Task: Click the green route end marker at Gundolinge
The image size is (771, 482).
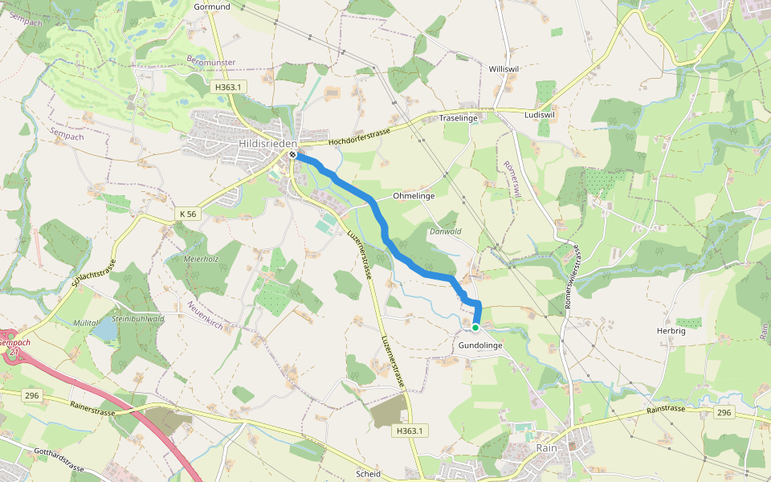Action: tap(475, 328)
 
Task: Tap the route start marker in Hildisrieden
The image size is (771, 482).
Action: tap(293, 156)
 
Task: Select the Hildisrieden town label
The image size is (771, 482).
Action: tap(263, 143)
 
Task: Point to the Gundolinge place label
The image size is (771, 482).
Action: tap(480, 345)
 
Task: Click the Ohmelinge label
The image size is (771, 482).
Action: tap(414, 196)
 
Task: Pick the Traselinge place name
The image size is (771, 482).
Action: tap(459, 118)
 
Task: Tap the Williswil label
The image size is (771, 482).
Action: tap(504, 70)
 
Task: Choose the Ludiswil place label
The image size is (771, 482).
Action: tap(539, 115)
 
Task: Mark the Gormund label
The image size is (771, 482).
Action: tap(212, 7)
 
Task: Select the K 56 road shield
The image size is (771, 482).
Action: tap(187, 214)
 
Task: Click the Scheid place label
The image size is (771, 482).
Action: tap(368, 474)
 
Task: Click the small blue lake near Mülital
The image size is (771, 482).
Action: tap(104, 329)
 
